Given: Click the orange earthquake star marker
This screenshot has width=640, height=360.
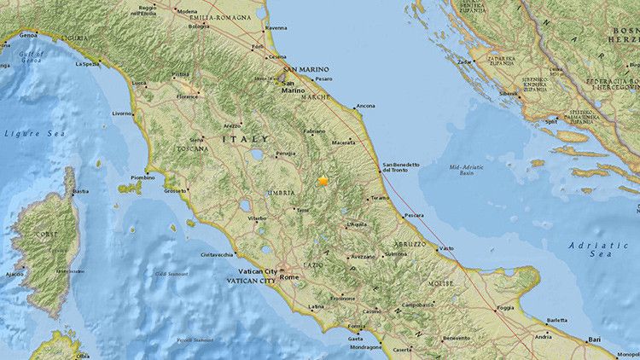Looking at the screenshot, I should pos(323,180).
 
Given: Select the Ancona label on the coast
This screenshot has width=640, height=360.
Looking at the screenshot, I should pos(365,106).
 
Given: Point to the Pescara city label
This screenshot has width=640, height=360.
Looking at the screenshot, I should pos(416,215).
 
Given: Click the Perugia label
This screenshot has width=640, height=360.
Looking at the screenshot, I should pos(285,154).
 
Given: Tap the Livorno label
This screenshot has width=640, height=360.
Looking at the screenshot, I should pos(121,113).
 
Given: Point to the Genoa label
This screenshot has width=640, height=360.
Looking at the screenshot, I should pos(29,35).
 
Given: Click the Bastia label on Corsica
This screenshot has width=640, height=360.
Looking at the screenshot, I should pos(81,191).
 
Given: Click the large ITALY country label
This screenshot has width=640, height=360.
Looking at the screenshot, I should pos(245,138).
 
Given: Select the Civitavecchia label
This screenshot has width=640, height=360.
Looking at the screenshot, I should pos(217,255).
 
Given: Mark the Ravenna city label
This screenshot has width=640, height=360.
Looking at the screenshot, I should pos(277,27).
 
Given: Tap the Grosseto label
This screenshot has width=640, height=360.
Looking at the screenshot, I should pos(176,190).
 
